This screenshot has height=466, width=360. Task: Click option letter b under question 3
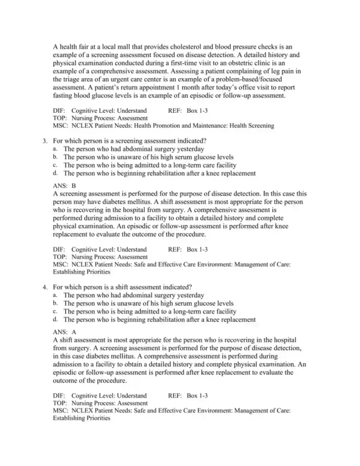[55, 157]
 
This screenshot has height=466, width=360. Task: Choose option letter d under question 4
[55, 320]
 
